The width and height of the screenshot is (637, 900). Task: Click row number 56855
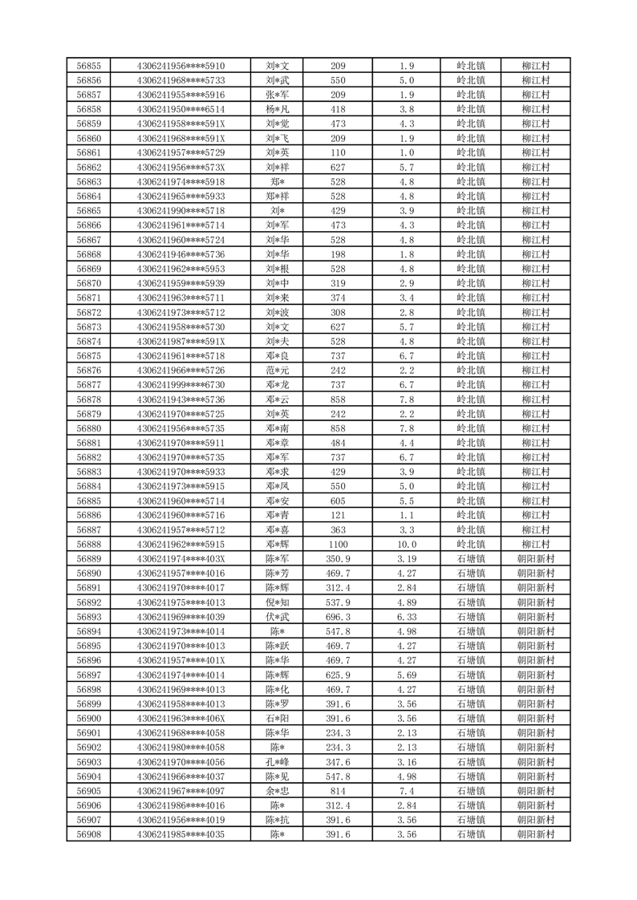tap(88, 66)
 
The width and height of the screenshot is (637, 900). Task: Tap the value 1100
tap(338, 544)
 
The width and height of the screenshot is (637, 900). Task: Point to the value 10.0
tap(406, 544)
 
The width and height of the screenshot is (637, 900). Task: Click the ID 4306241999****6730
tap(181, 384)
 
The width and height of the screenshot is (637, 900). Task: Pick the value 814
tap(338, 791)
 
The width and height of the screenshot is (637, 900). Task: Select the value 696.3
tap(338, 617)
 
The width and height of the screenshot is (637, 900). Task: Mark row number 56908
tap(88, 834)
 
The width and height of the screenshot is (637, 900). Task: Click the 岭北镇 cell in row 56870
tap(471, 283)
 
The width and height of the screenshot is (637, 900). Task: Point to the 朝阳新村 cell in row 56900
tap(535, 718)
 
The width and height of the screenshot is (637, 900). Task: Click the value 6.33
tap(406, 617)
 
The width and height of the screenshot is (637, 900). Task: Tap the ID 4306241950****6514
tap(181, 109)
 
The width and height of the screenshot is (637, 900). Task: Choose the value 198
tap(338, 254)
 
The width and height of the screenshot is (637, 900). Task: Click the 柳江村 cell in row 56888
tap(535, 544)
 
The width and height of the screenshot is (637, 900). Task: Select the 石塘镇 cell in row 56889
tap(471, 559)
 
